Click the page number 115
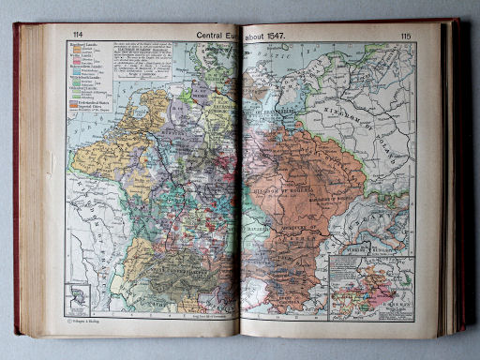click(405, 36)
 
